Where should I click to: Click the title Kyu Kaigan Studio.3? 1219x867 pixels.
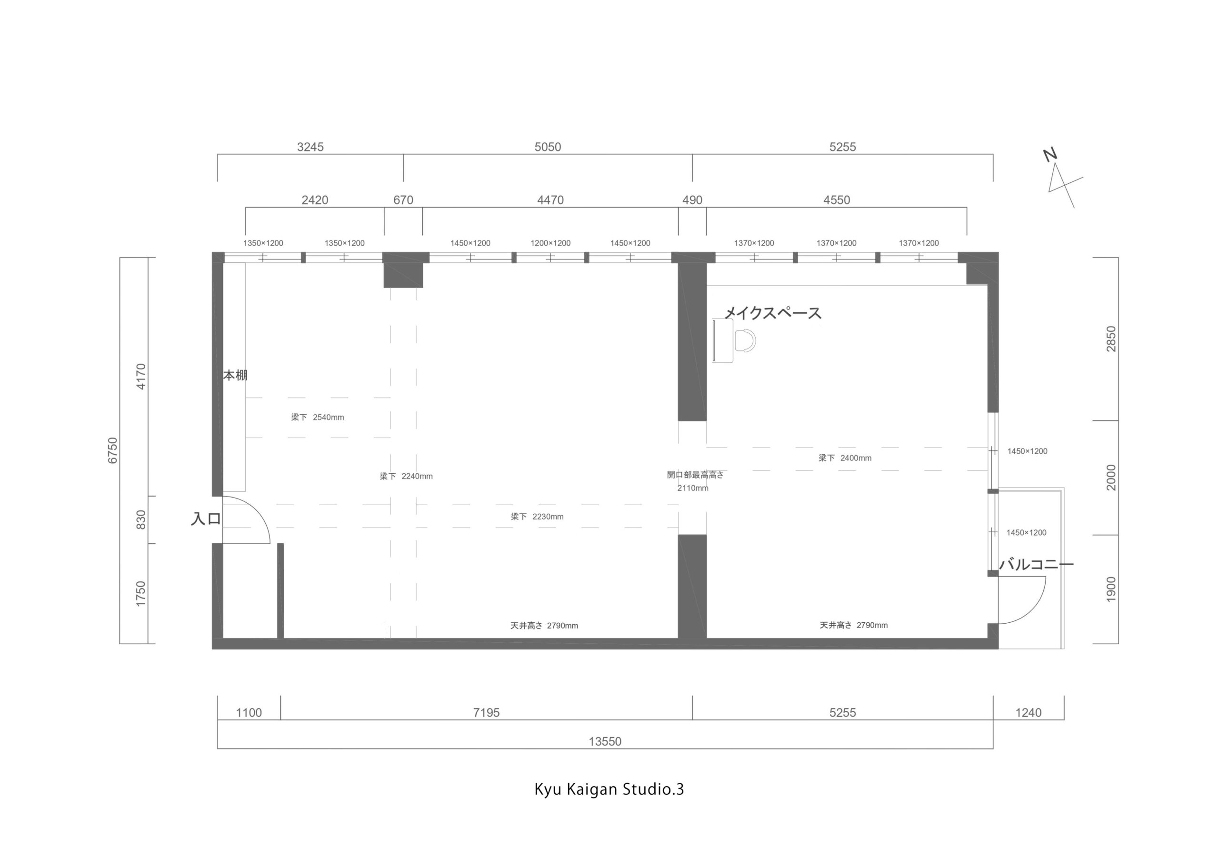[x=609, y=789]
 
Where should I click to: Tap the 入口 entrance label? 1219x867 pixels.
[x=206, y=518]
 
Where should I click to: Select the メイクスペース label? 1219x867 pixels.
[x=773, y=313]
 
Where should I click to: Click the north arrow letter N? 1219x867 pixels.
[x=1050, y=155]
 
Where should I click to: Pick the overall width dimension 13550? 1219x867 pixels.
[x=605, y=741]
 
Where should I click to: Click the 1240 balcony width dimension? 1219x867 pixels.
[x=1029, y=712]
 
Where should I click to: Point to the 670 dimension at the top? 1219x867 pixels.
[x=403, y=199]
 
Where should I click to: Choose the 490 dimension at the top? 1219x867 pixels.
[x=692, y=199]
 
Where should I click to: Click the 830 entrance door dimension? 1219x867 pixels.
[x=140, y=519]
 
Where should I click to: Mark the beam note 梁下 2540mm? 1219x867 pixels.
[x=317, y=417]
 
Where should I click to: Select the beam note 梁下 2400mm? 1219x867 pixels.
[x=845, y=458]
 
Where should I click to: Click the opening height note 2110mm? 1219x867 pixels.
[x=692, y=488]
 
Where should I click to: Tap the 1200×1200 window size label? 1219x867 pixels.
[x=550, y=243]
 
